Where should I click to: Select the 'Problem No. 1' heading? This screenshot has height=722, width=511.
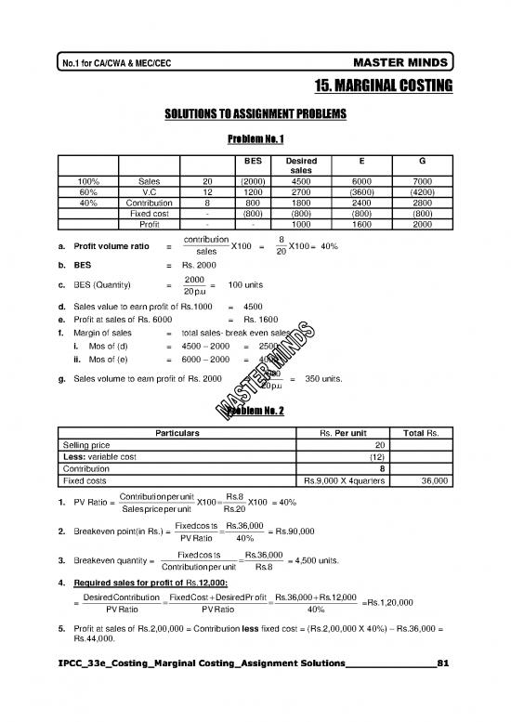coord(255,139)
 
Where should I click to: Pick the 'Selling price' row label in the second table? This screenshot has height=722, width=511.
coord(87,443)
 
